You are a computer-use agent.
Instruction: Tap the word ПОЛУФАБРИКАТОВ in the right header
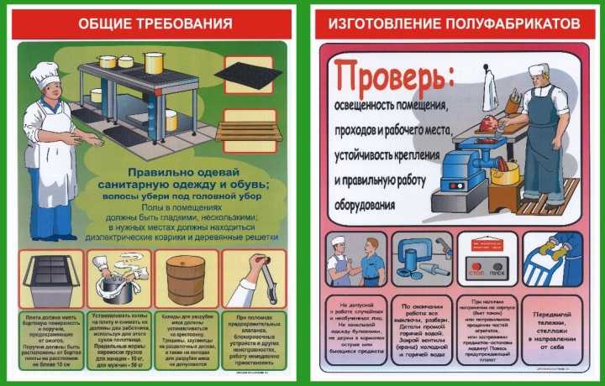pyautogui.click(x=496, y=23)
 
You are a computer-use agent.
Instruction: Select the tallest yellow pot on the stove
pyautogui.click(x=154, y=63)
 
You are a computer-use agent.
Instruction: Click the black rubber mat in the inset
pyautogui.click(x=247, y=76)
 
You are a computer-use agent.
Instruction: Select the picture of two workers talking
pyautogui.click(x=353, y=261)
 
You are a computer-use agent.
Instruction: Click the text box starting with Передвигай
pyautogui.click(x=550, y=328)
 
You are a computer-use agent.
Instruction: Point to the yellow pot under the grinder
pyautogui.click(x=506, y=174)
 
